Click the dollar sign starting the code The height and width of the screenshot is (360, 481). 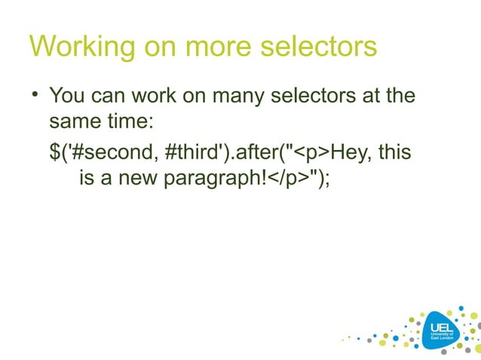[x=55, y=153]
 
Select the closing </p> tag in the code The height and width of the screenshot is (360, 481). [x=291, y=181]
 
